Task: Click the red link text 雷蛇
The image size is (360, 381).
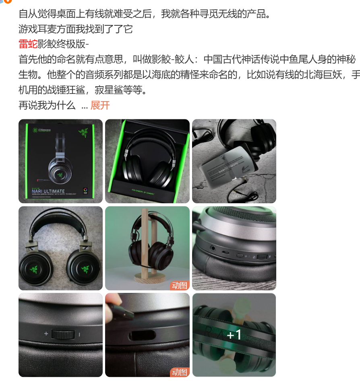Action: point(28,44)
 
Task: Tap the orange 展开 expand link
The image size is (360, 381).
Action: point(100,106)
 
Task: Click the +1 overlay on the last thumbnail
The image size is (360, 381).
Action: point(234,335)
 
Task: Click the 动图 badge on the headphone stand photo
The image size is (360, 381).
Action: point(180,285)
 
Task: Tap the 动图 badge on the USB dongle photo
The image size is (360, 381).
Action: point(180,372)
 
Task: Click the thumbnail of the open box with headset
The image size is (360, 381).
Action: point(147,161)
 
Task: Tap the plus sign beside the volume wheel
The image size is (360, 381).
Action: point(46,334)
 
